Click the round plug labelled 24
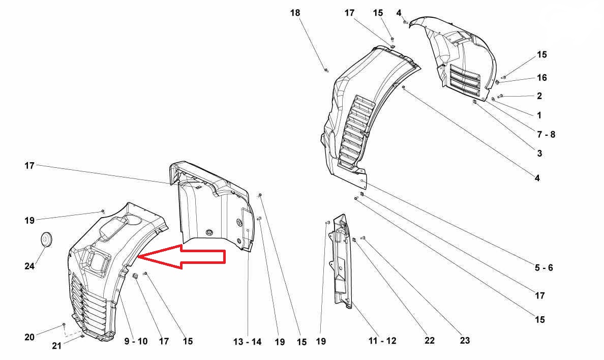pyautogui.click(x=46, y=239)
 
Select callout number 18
pyautogui.click(x=295, y=13)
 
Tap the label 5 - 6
pyautogui.click(x=543, y=267)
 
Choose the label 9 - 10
pyautogui.click(x=136, y=341)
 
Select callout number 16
pyautogui.click(x=542, y=78)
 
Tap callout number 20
pyautogui.click(x=29, y=337)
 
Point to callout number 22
pyautogui.click(x=430, y=341)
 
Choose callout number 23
pyautogui.click(x=465, y=341)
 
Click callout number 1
pyautogui.click(x=539, y=115)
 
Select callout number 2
pyautogui.click(x=539, y=96)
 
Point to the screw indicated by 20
pyautogui.click(x=64, y=324)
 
